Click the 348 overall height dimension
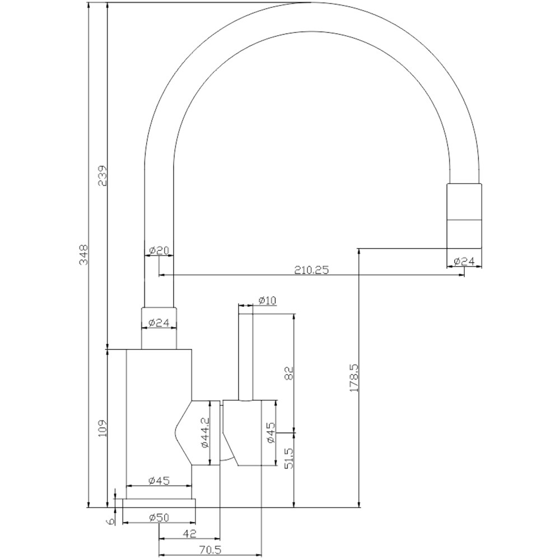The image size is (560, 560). [83, 255]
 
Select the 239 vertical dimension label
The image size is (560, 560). [102, 175]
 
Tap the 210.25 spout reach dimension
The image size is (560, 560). [311, 270]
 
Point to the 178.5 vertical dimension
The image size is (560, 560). [354, 378]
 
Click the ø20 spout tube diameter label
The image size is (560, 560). [159, 250]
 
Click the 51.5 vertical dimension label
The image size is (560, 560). [288, 458]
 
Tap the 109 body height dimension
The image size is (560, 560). [102, 428]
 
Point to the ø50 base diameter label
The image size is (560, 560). [159, 517]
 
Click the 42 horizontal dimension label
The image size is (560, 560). [190, 534]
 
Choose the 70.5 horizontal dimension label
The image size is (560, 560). [211, 550]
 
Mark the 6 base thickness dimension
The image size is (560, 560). [112, 521]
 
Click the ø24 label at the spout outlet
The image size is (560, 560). [464, 262]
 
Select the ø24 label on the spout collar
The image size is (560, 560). [159, 323]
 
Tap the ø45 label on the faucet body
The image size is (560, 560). [159, 480]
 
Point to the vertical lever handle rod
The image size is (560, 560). [245, 357]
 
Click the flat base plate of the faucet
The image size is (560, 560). [159, 503]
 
